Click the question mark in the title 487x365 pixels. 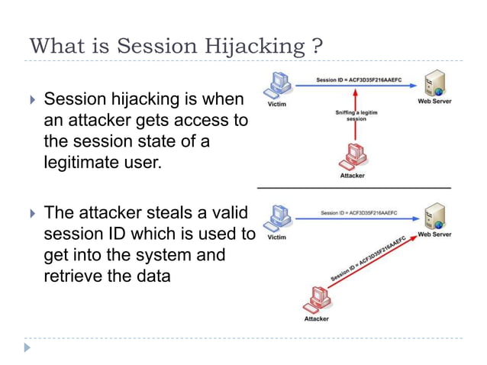[x=317, y=46]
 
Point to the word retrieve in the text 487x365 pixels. [x=73, y=275]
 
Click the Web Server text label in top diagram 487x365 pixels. [x=434, y=101]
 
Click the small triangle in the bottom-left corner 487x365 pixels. [x=28, y=347]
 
